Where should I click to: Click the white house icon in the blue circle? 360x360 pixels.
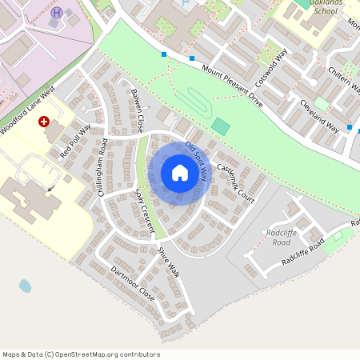(x=180, y=173)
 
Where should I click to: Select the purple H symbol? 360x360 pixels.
(x=56, y=12)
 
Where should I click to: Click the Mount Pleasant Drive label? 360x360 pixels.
(x=232, y=87)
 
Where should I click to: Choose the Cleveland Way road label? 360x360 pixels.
(x=318, y=117)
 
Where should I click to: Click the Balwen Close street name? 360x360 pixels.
(x=136, y=110)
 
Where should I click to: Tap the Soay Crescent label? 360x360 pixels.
(x=144, y=211)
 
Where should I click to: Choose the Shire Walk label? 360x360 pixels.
(x=169, y=262)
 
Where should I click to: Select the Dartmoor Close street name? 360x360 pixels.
(x=132, y=283)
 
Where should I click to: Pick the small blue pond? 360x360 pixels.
(x=26, y=286)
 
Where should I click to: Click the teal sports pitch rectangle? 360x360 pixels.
(x=220, y=126)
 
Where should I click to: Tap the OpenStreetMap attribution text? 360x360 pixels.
(x=81, y=354)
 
